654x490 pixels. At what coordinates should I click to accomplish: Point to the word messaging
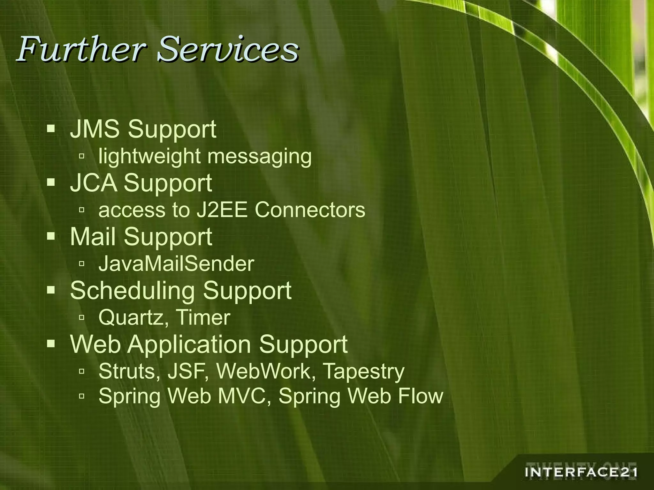(x=259, y=157)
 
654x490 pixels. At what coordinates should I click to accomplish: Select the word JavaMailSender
(x=176, y=264)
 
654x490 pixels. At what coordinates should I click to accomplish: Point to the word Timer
(x=203, y=318)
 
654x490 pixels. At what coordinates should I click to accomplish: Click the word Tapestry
(x=364, y=372)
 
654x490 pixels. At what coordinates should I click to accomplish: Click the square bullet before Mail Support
(x=51, y=236)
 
